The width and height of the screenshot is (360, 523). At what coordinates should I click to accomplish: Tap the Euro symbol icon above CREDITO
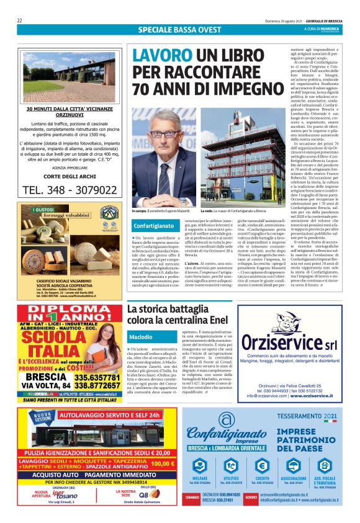point(262,465)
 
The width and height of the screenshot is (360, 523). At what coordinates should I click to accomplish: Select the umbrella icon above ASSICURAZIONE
point(293,465)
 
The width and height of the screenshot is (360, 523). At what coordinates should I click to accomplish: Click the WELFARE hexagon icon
point(200,465)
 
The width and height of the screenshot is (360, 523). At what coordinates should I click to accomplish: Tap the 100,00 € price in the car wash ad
point(163,463)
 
